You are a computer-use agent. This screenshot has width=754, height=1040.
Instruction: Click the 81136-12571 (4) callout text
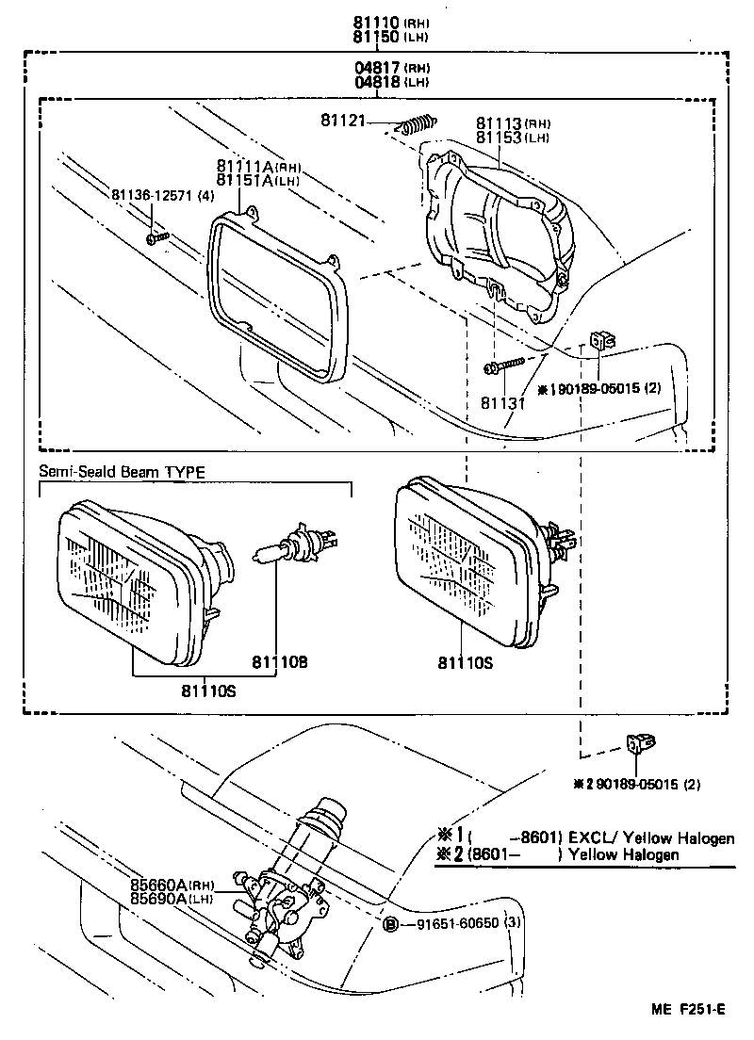pos(163,195)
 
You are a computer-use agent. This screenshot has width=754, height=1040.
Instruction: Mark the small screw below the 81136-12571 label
pos(156,237)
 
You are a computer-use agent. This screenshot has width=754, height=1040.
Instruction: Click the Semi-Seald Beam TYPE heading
pos(122,472)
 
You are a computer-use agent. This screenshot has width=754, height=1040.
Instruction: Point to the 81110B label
pos(280,662)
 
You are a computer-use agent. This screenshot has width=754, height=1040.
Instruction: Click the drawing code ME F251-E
pos(687,1010)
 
